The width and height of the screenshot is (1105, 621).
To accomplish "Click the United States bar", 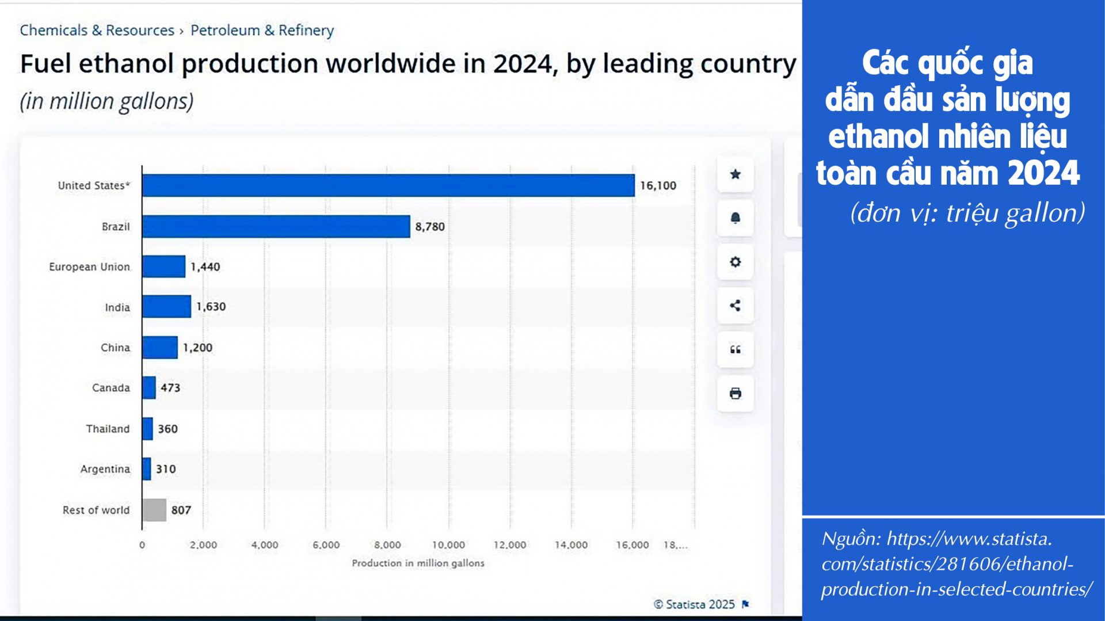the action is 388,185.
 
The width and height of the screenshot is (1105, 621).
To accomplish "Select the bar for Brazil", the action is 276,226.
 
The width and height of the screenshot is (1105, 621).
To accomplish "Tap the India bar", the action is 166,306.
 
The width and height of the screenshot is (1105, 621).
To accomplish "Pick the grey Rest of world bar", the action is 154,510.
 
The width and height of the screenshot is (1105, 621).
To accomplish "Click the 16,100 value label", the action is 658,185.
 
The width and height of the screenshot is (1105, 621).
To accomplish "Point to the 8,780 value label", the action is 430,227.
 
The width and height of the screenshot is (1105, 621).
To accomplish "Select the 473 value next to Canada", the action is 170,388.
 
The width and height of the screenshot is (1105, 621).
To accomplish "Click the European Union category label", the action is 89,267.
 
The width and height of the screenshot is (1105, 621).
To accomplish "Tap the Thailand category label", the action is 108,429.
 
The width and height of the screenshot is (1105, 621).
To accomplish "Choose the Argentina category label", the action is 105,469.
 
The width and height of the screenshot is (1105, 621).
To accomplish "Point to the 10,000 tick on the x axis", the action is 448,544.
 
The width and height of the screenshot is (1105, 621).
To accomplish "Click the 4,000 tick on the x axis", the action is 265,544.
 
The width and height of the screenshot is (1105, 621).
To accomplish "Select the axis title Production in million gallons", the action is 418,563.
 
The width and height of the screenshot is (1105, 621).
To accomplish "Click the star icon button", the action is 735,174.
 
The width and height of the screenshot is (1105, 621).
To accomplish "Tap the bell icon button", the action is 735,218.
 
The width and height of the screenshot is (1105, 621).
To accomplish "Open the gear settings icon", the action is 735,262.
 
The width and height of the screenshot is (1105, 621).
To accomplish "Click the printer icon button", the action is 735,394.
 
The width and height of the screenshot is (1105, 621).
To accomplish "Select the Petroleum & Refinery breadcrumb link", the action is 262,31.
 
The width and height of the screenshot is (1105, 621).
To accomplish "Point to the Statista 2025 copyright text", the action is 695,604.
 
